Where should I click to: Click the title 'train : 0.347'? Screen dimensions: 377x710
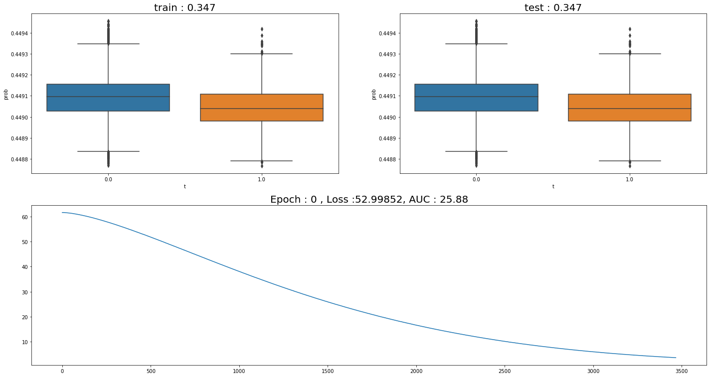click(x=184, y=7)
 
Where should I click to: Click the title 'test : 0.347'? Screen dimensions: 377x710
click(x=553, y=7)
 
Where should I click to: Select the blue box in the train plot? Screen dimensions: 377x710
click(x=108, y=98)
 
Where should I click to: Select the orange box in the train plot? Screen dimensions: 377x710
click(x=262, y=108)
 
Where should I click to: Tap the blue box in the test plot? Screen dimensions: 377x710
click(x=476, y=98)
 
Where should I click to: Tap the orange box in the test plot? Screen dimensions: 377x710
click(x=629, y=108)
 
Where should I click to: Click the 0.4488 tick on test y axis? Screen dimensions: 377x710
click(x=386, y=159)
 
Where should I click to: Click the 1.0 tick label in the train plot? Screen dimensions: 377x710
click(x=262, y=179)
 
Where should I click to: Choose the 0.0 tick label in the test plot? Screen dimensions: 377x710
click(x=476, y=179)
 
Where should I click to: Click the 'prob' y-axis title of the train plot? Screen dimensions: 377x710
click(x=6, y=94)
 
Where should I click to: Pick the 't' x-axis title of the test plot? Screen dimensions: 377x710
click(x=553, y=186)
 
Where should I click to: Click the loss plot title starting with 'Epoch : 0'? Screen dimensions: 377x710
click(x=369, y=200)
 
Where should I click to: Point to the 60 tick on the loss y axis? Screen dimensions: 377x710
click(x=23, y=217)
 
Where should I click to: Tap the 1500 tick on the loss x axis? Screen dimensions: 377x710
click(x=327, y=371)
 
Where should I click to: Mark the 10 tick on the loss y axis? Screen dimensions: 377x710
click(x=23, y=342)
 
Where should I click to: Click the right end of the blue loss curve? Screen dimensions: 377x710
click(x=676, y=358)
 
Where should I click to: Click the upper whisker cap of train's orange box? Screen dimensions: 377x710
click(x=262, y=54)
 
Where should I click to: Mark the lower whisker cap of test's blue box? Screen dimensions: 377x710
click(x=476, y=151)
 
